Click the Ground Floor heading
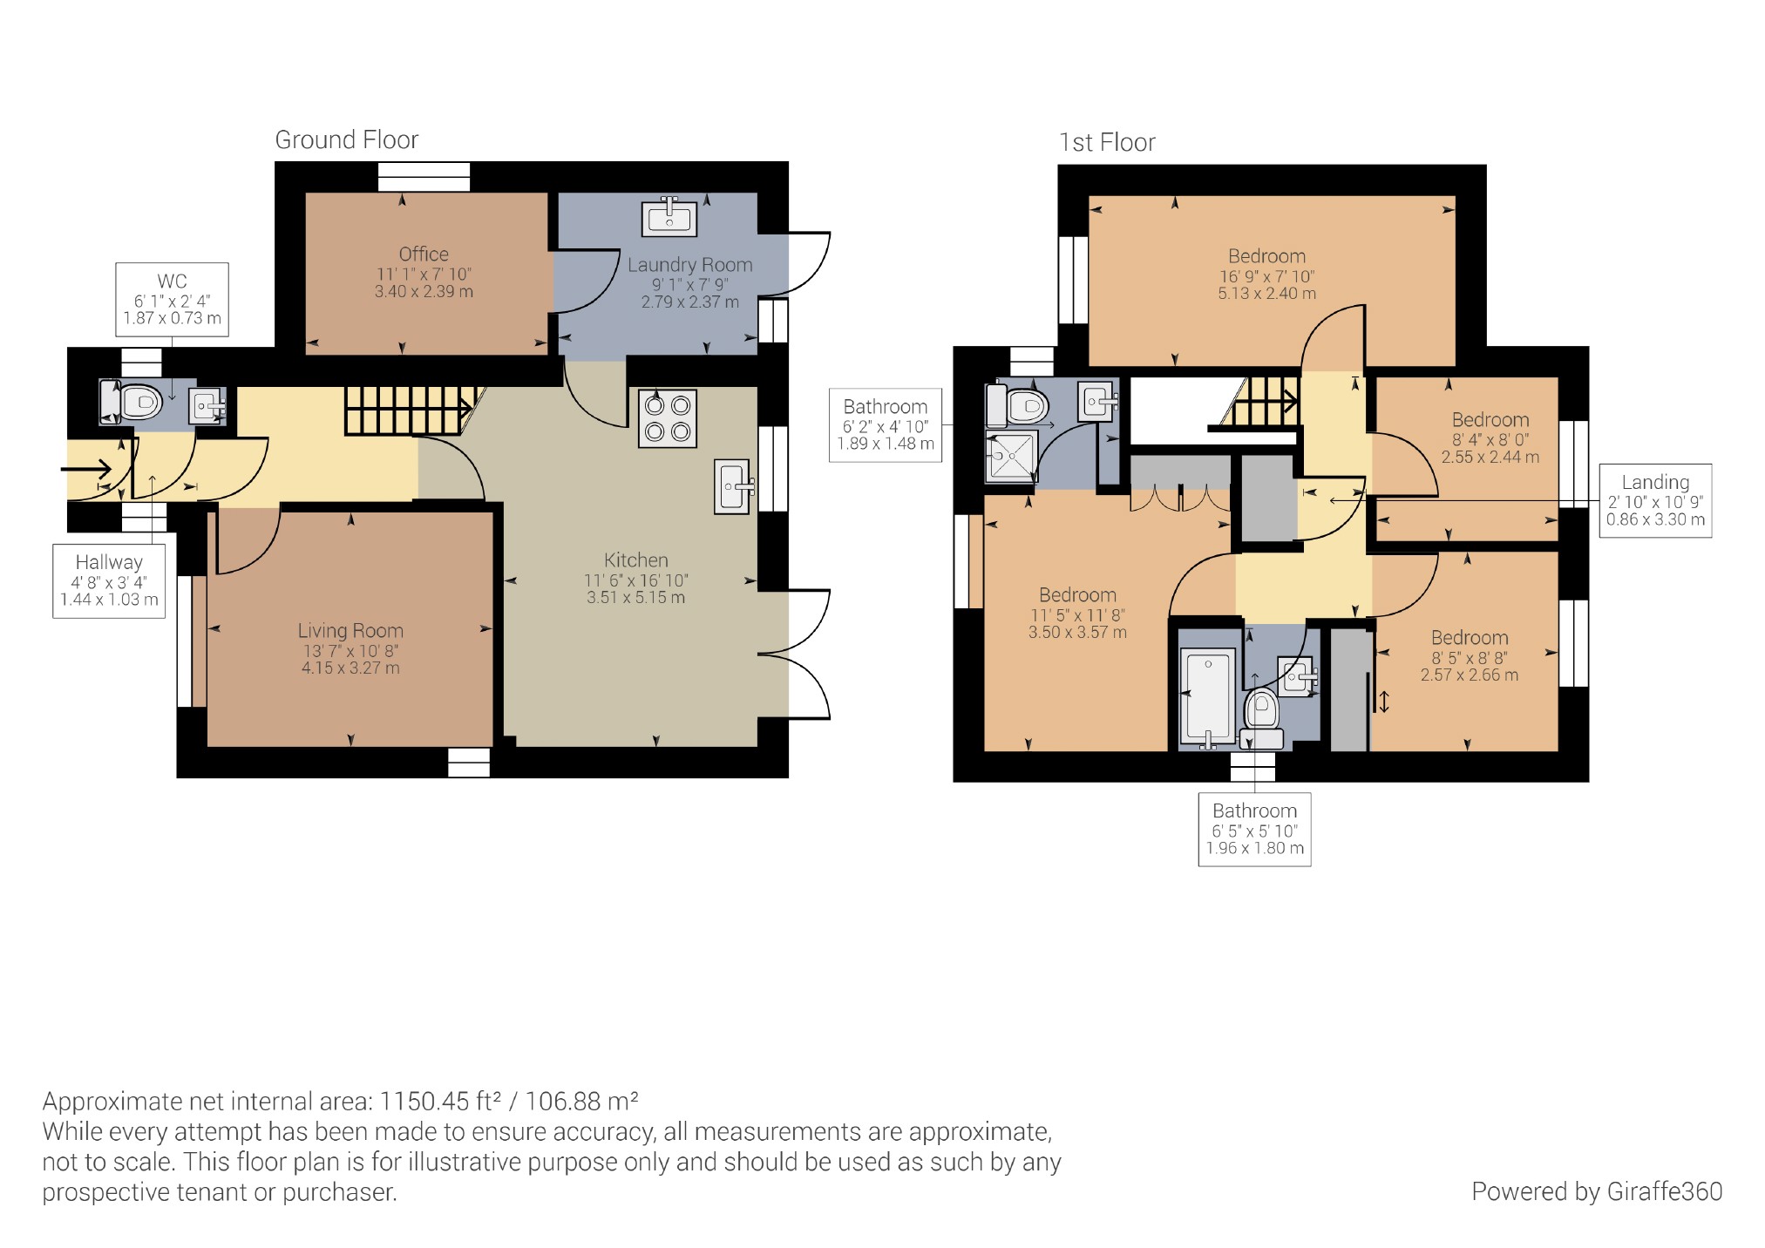pos(347,139)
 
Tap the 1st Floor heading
pos(1107,142)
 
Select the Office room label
pos(424,254)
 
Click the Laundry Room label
pos(689,265)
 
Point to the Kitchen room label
pos(636,560)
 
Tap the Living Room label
pos(350,631)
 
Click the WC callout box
pos(172,299)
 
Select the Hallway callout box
pos(109,581)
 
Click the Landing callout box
pos(1655,500)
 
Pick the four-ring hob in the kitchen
pos(668,418)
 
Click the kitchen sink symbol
pos(732,486)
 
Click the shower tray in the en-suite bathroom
pos(1011,456)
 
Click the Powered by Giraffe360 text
pos(1597,1191)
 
